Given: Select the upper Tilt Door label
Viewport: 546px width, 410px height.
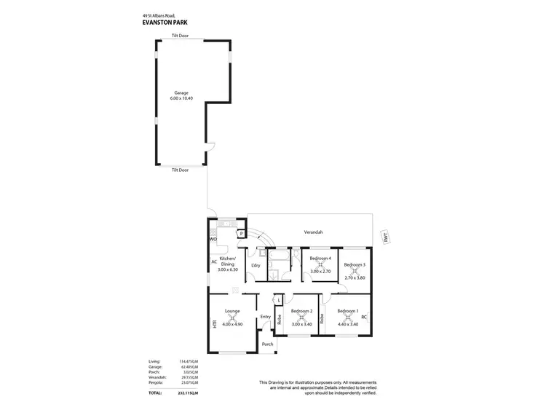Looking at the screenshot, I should [180, 36].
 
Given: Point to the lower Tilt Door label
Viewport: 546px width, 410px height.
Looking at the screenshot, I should [180, 170].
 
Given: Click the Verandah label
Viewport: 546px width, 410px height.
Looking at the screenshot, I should [313, 232].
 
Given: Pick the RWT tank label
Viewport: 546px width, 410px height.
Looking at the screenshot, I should [386, 237].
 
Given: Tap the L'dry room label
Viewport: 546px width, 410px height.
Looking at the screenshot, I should [256, 265].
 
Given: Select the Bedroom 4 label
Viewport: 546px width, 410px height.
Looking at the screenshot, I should [320, 258].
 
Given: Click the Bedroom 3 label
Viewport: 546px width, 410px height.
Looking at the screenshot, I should [355, 264].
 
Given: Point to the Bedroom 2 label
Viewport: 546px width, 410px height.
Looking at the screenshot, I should [301, 311].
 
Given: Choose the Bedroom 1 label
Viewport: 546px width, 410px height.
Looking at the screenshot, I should [348, 311].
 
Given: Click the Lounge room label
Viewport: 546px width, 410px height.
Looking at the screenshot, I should [232, 311].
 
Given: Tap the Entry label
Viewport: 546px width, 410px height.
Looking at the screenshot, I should [265, 316].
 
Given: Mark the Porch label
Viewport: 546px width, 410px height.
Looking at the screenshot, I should [267, 344].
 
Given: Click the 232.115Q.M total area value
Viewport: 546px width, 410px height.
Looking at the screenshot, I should [189, 393].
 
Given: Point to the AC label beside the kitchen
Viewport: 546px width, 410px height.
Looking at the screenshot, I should [214, 262].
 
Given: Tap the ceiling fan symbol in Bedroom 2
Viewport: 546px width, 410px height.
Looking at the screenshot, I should [301, 318].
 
